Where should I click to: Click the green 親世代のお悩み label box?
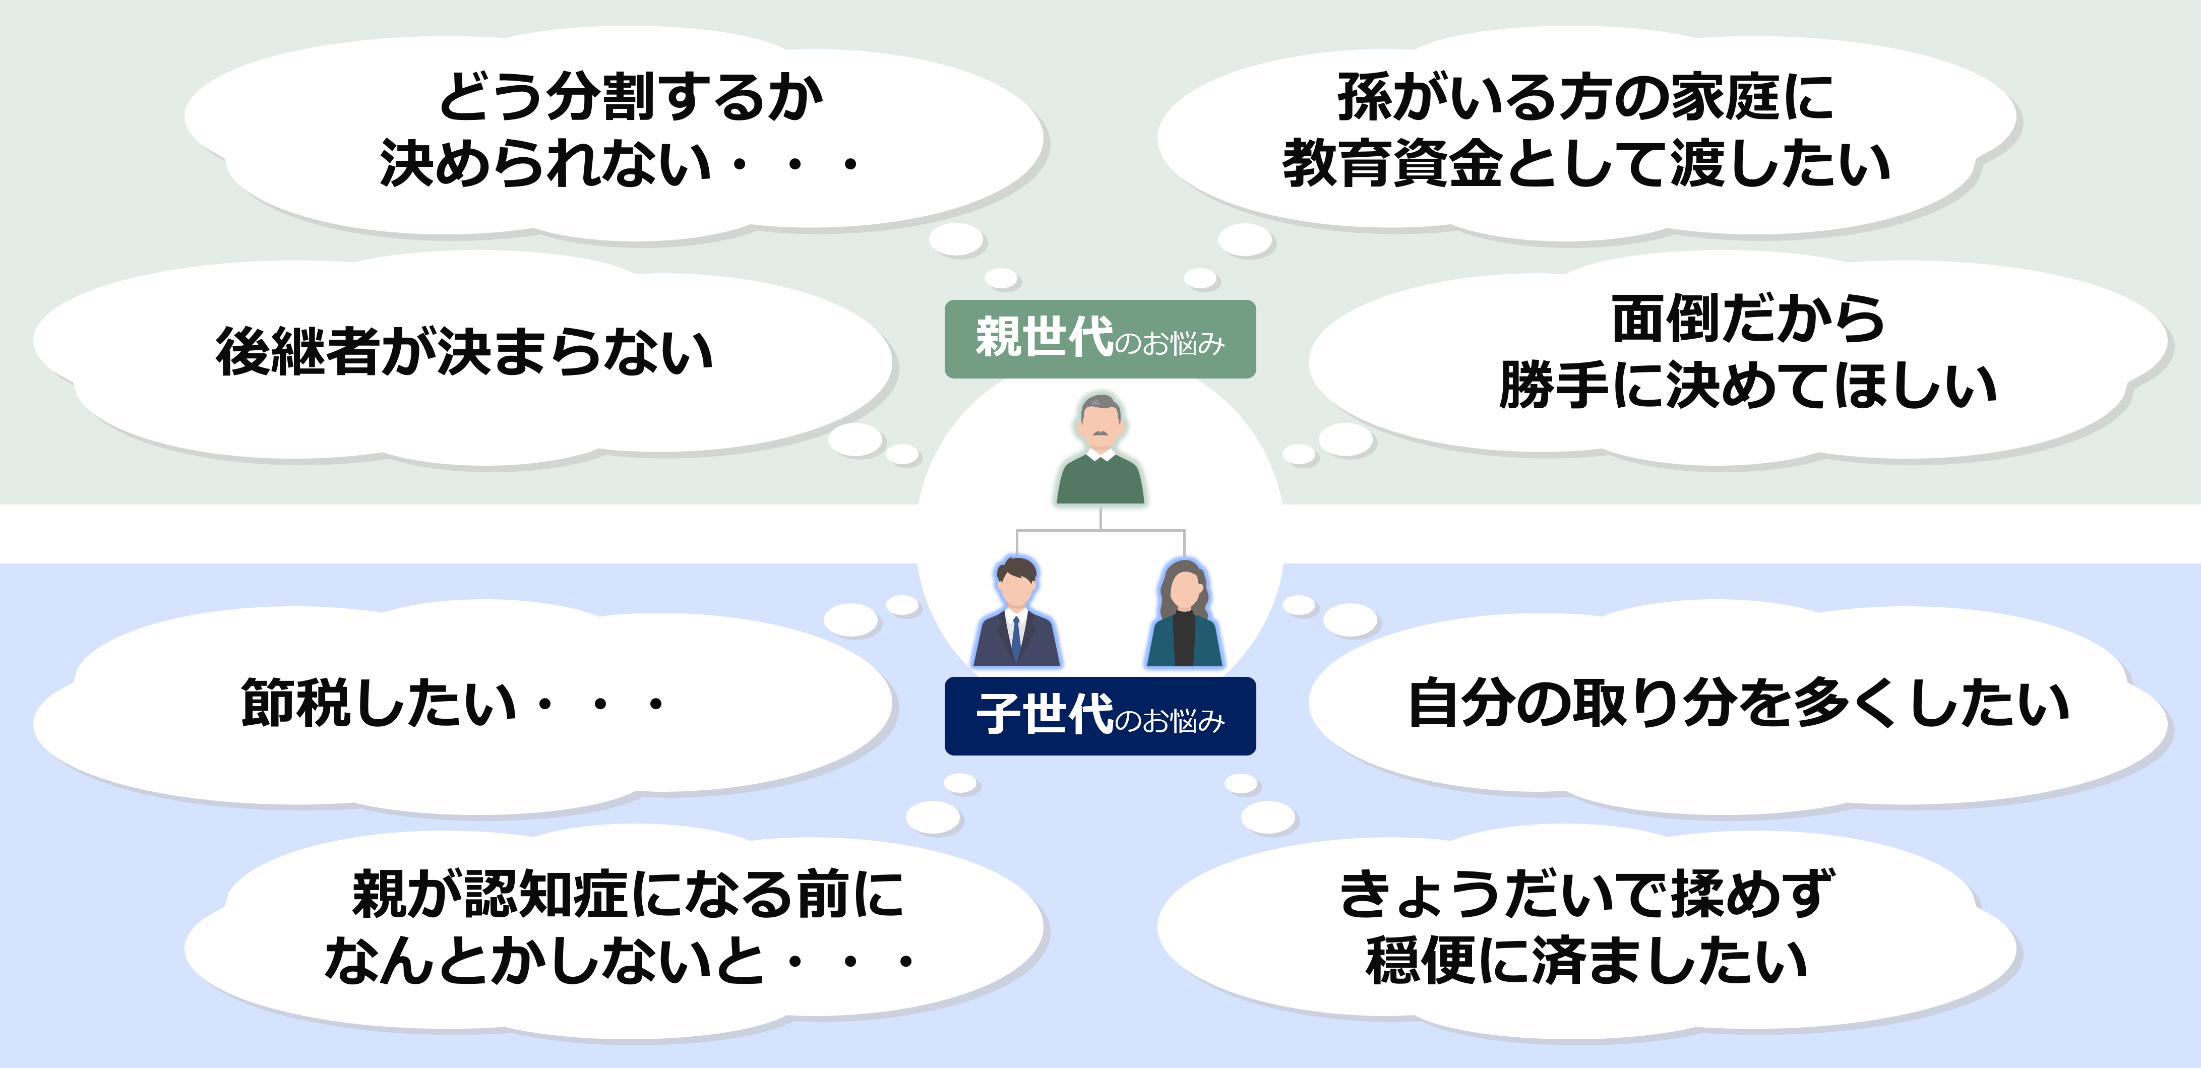[x=1099, y=339]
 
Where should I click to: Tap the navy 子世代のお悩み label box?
[x=1099, y=716]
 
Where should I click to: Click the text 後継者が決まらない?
[x=464, y=351]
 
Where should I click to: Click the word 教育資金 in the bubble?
[x=1393, y=163]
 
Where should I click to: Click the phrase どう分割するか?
[x=631, y=97]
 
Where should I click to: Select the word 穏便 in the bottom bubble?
[x=1420, y=960]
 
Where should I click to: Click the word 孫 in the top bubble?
[x=1365, y=97]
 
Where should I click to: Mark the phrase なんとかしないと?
[x=544, y=960]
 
